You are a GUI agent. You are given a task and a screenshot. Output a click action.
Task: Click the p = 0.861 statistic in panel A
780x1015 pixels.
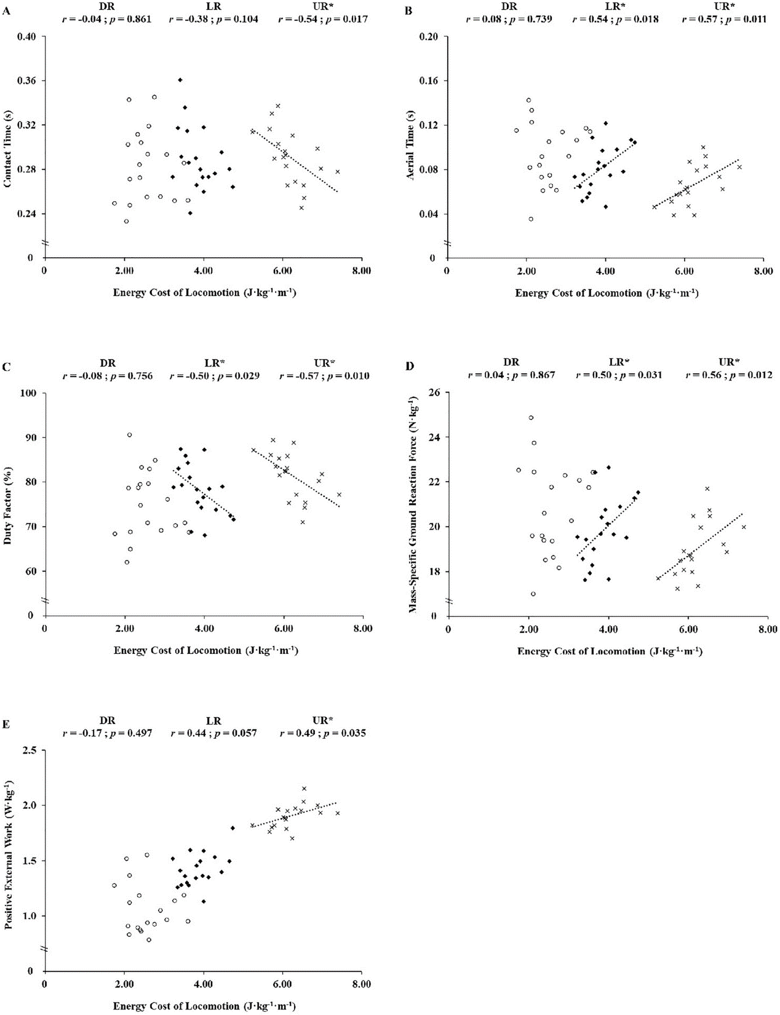[x=127, y=19]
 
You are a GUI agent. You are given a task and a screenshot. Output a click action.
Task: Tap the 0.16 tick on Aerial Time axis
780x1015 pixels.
[x=431, y=81]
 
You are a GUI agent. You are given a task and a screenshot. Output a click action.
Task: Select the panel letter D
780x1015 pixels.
[x=408, y=367]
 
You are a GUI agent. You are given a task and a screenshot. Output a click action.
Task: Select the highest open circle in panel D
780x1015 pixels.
[x=531, y=418]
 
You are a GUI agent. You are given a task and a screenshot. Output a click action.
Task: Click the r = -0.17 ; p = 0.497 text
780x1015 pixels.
[x=107, y=733]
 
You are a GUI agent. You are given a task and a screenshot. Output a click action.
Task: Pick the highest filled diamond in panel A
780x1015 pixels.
[x=180, y=80]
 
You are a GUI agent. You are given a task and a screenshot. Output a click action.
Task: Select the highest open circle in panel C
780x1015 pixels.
[x=130, y=435]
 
